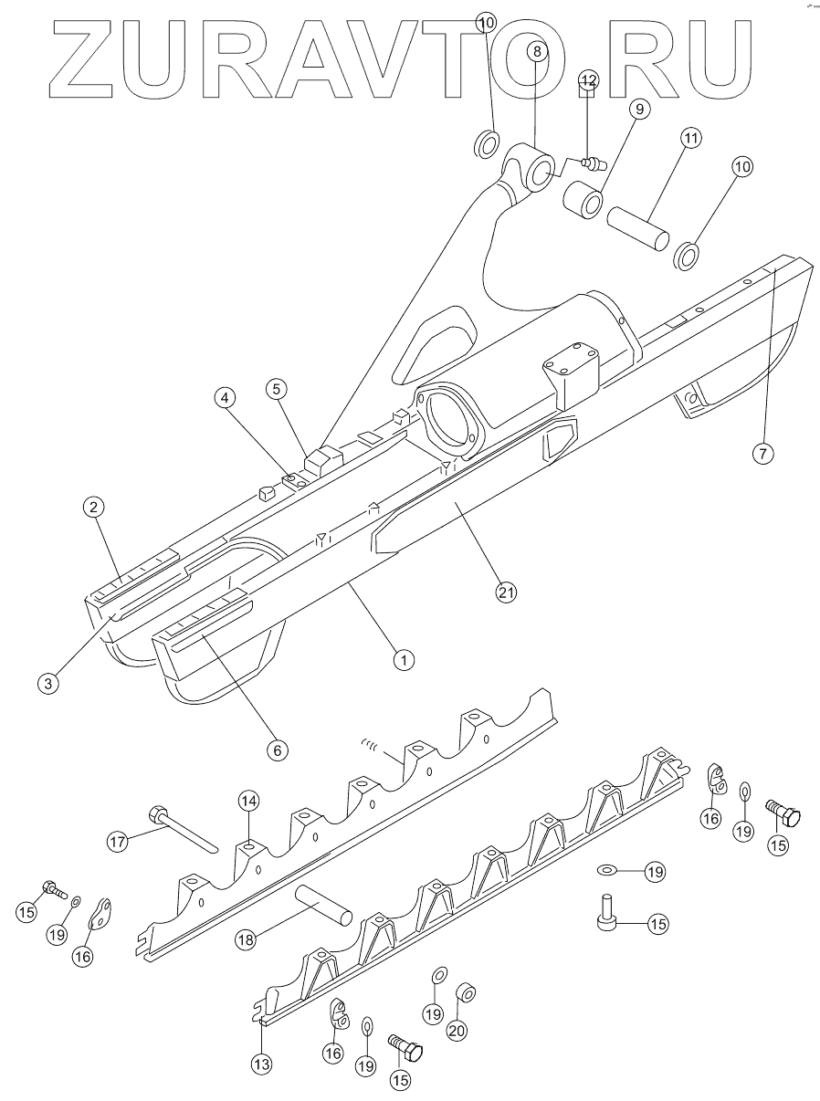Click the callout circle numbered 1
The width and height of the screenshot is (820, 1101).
tap(399, 657)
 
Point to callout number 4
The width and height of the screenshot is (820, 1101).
tap(225, 397)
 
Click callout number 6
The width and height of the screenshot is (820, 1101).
tap(277, 749)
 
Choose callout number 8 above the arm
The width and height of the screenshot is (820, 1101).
tap(537, 51)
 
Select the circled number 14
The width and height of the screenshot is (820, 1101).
tap(249, 801)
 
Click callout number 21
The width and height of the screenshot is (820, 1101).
tap(506, 592)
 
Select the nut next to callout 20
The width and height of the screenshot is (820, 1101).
tap(464, 992)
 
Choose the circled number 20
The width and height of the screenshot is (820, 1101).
tap(457, 1029)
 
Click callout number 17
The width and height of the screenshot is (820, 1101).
tap(118, 843)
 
